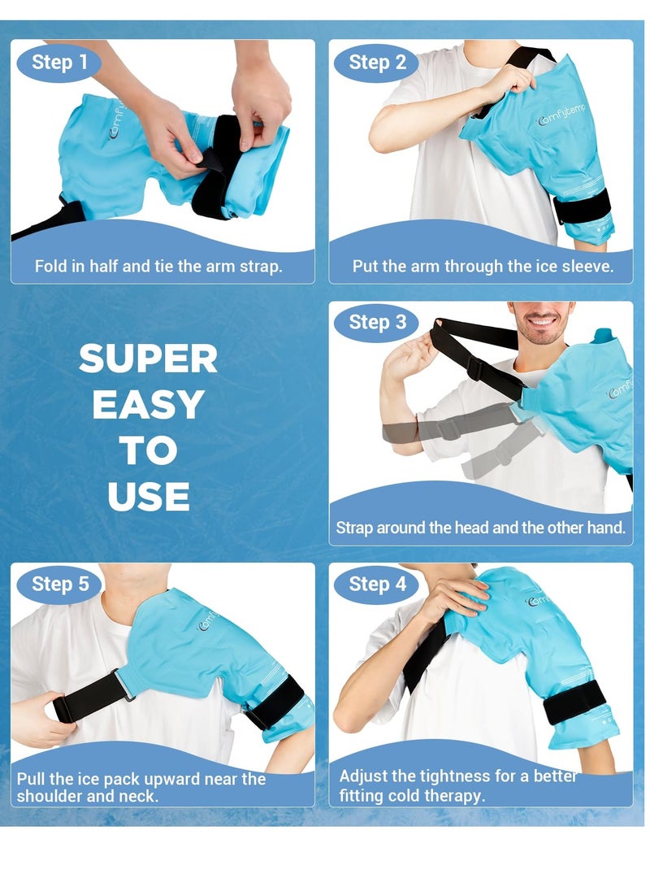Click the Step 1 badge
coord(59,63)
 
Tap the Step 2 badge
coord(377,63)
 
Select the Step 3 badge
coord(377,323)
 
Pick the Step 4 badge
coord(377,584)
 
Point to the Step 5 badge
coord(59,584)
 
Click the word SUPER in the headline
coord(148,359)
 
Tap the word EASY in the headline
coord(148,405)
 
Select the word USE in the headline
coord(148,496)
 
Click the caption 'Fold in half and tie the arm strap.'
coord(158,267)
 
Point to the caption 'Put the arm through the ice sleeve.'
coord(483,267)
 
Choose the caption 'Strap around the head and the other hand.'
coord(481,528)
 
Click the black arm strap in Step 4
coord(574,701)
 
